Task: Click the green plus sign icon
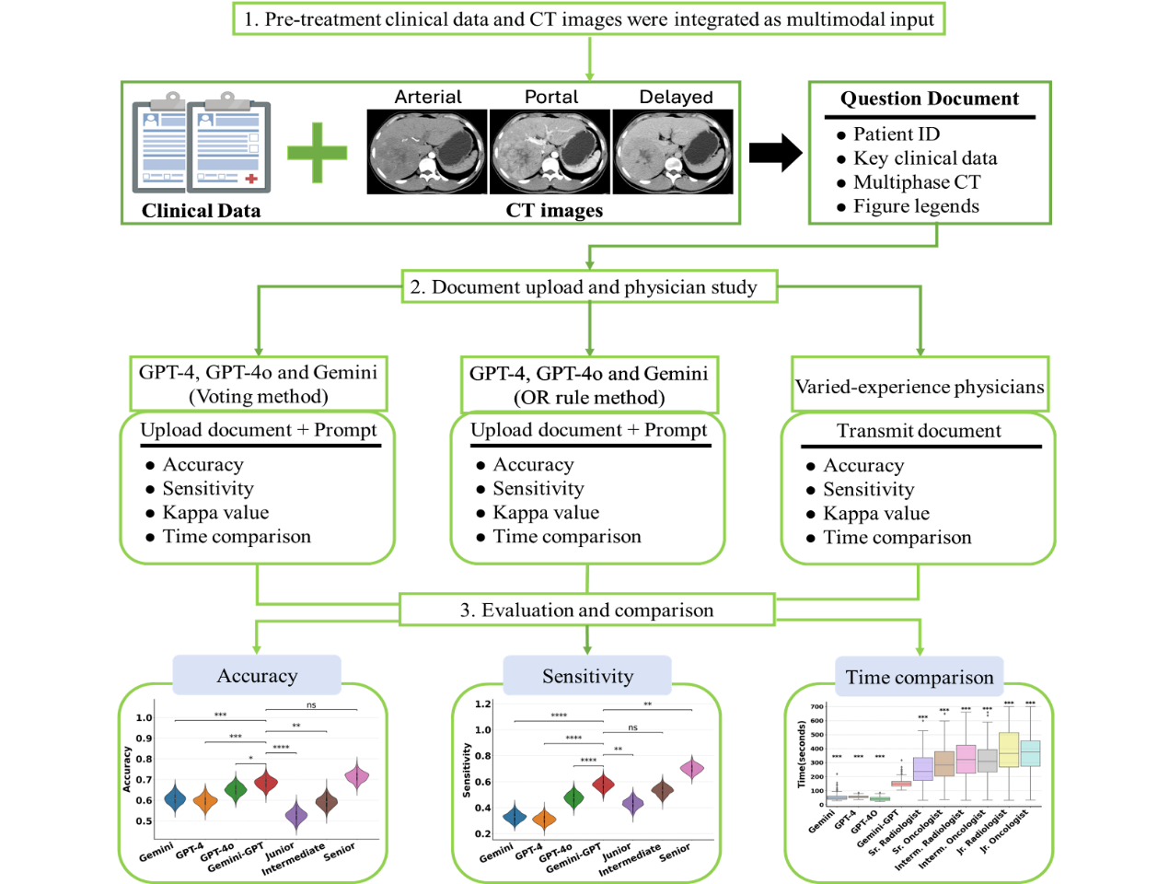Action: pos(317,152)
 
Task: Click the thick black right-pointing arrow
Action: pos(775,153)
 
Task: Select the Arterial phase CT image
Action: pos(427,152)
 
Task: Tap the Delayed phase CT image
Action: pos(673,152)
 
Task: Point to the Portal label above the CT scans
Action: pos(550,97)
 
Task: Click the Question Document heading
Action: pos(930,99)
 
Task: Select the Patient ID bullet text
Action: pos(896,134)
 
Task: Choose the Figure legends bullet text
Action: pos(916,206)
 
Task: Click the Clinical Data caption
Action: pos(201,211)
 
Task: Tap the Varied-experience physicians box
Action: pos(920,387)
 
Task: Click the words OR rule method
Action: pos(589,398)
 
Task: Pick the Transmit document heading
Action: pos(919,431)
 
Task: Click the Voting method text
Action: pos(259,397)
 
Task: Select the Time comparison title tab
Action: pos(919,678)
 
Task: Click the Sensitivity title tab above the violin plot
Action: pos(587,677)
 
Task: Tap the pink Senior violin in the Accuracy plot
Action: pos(357,776)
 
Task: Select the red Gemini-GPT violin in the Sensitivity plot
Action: pos(603,785)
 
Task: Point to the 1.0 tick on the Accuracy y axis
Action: pos(144,718)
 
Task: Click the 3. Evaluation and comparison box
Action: pos(587,611)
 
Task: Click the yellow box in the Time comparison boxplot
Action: pos(1009,750)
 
